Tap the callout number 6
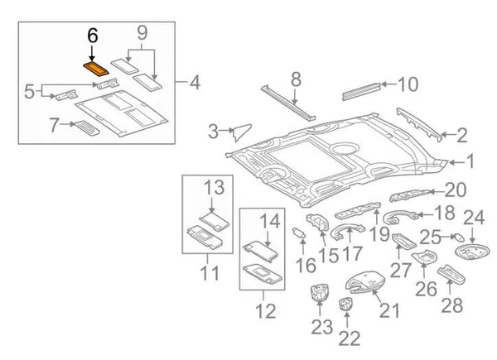92,36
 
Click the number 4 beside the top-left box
195,83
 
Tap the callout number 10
408,84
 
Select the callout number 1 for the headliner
470,161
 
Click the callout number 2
462,133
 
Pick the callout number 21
388,310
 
